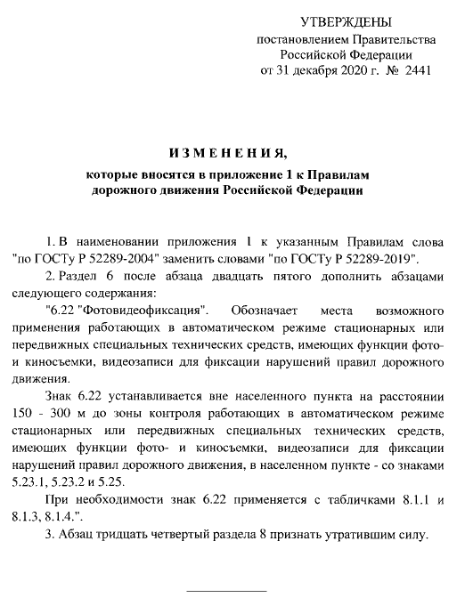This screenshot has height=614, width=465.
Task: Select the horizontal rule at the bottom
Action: [x=225, y=589]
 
